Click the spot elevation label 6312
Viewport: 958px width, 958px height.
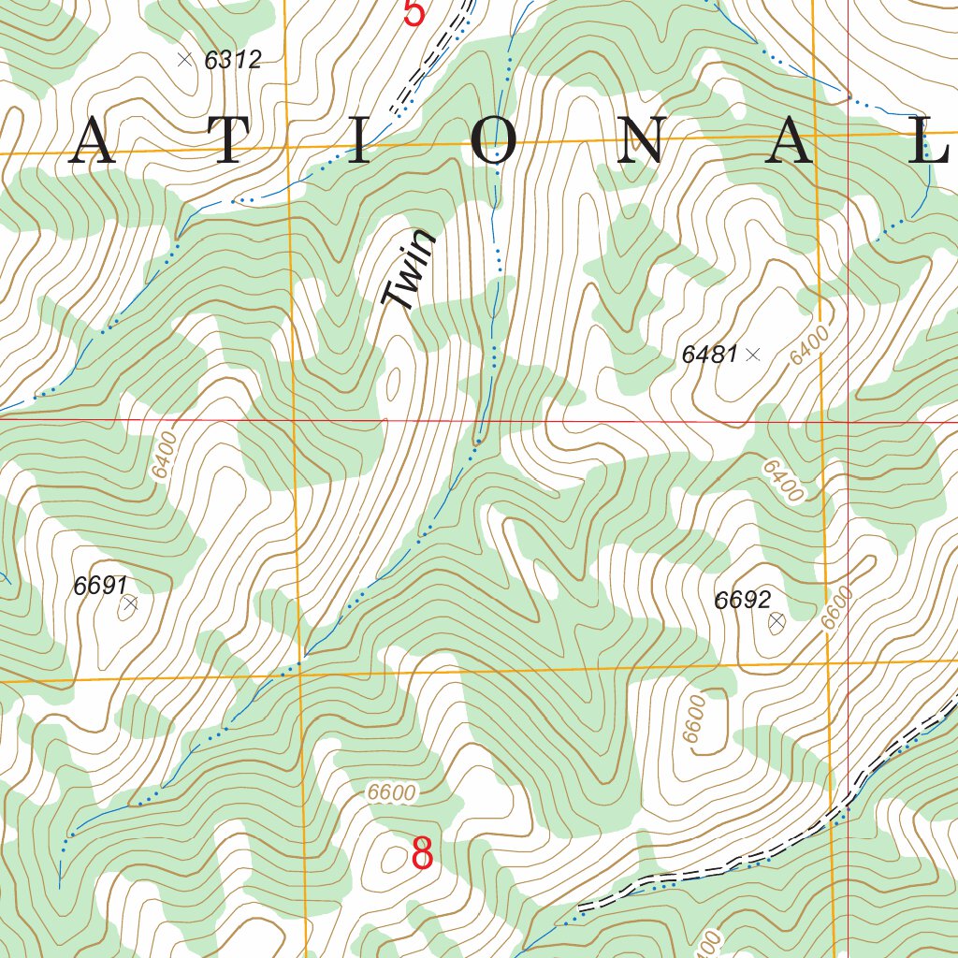pos(232,61)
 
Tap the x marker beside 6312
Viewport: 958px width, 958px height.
pos(184,60)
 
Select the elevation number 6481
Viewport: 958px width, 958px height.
pos(710,355)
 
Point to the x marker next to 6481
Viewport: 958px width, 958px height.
pos(754,355)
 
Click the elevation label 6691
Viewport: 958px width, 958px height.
pos(100,586)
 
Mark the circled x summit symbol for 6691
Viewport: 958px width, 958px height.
pos(129,604)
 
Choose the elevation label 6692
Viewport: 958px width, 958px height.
pos(742,601)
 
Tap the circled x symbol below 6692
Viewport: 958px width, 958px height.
pos(776,621)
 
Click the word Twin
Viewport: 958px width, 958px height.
pos(410,270)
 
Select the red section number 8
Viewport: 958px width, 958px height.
pos(422,853)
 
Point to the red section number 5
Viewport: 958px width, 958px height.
pos(414,13)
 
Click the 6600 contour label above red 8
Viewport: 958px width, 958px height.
pos(391,792)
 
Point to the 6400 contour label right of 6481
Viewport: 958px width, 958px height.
pos(810,345)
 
